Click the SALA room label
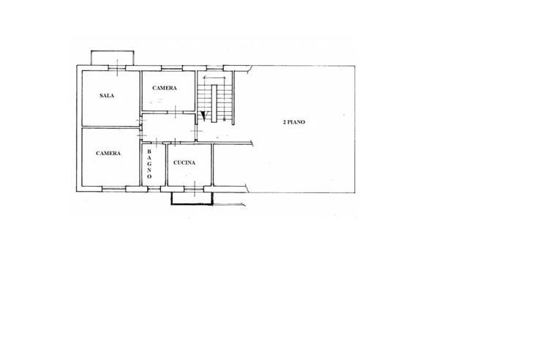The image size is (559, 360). [107, 96]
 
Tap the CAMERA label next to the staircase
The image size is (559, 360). [165, 88]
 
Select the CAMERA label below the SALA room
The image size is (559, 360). [108, 153]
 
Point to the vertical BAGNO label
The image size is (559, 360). [149, 164]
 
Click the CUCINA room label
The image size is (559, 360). [184, 162]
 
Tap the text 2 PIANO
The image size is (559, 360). [294, 122]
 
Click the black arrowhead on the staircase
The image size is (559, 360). [203, 116]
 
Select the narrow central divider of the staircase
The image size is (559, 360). [214, 103]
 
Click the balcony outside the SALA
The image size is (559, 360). [112, 58]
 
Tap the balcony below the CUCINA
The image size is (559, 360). [192, 198]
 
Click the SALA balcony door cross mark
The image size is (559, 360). [117, 68]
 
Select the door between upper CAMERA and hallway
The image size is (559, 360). [176, 112]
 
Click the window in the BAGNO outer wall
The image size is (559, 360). [154, 189]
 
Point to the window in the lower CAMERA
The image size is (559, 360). [114, 189]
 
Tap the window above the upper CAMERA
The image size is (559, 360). [172, 68]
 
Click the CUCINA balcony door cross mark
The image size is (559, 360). [195, 189]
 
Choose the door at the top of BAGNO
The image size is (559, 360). [156, 143]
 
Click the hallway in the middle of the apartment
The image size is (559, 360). [168, 127]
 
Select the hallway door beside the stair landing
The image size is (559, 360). [196, 131]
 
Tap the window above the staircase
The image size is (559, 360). [215, 68]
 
